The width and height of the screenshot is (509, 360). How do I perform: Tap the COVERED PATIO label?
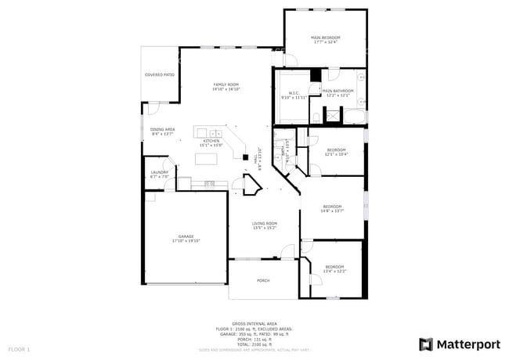tap(159, 75)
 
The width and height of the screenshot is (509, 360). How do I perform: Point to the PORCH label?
tap(263, 280)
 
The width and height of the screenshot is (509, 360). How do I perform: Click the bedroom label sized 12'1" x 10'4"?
tap(336, 151)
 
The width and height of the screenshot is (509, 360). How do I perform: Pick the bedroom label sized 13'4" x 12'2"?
tap(334, 269)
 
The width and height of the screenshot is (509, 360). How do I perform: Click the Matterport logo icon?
tap(426, 344)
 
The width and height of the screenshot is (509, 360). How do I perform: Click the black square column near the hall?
tap(246, 157)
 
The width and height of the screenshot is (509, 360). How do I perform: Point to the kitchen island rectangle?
tap(206, 159)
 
